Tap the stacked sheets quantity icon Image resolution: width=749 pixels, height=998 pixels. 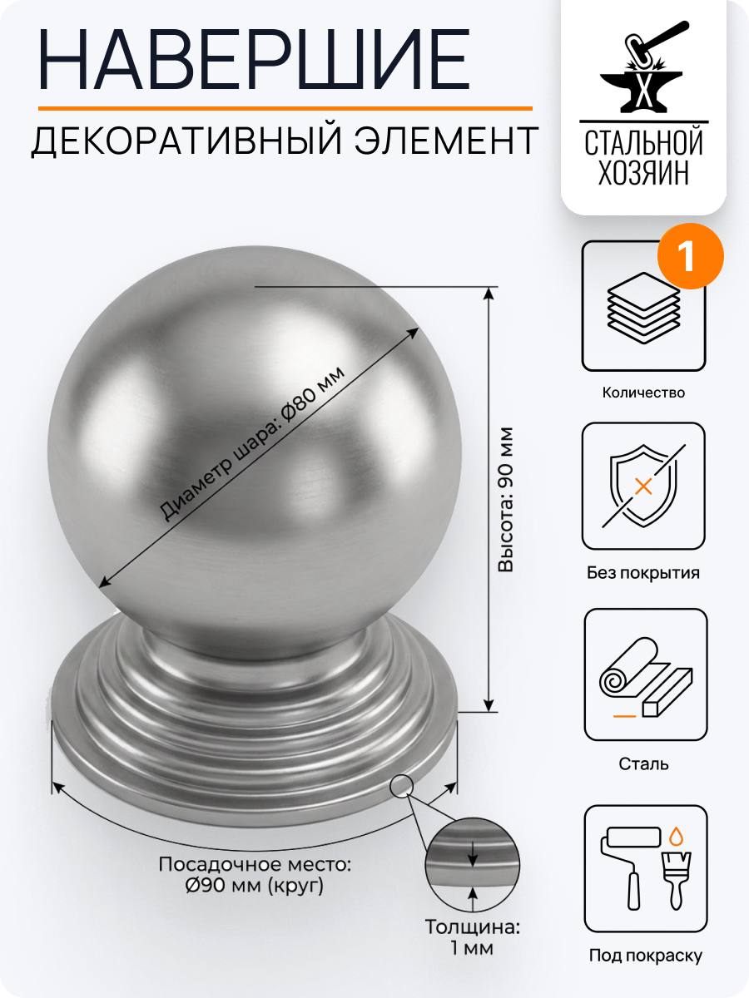643,306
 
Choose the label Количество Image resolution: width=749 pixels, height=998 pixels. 643,393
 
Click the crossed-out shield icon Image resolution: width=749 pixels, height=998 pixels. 643,487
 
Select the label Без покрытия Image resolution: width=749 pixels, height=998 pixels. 643,573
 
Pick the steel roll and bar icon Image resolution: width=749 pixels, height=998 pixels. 643,674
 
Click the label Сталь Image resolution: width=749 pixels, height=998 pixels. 643,763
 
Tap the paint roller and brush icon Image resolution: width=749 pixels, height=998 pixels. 643,869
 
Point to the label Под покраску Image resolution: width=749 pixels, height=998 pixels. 645,956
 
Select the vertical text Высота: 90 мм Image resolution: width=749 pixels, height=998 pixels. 506,499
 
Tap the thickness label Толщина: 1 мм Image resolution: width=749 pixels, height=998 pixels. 472,937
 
